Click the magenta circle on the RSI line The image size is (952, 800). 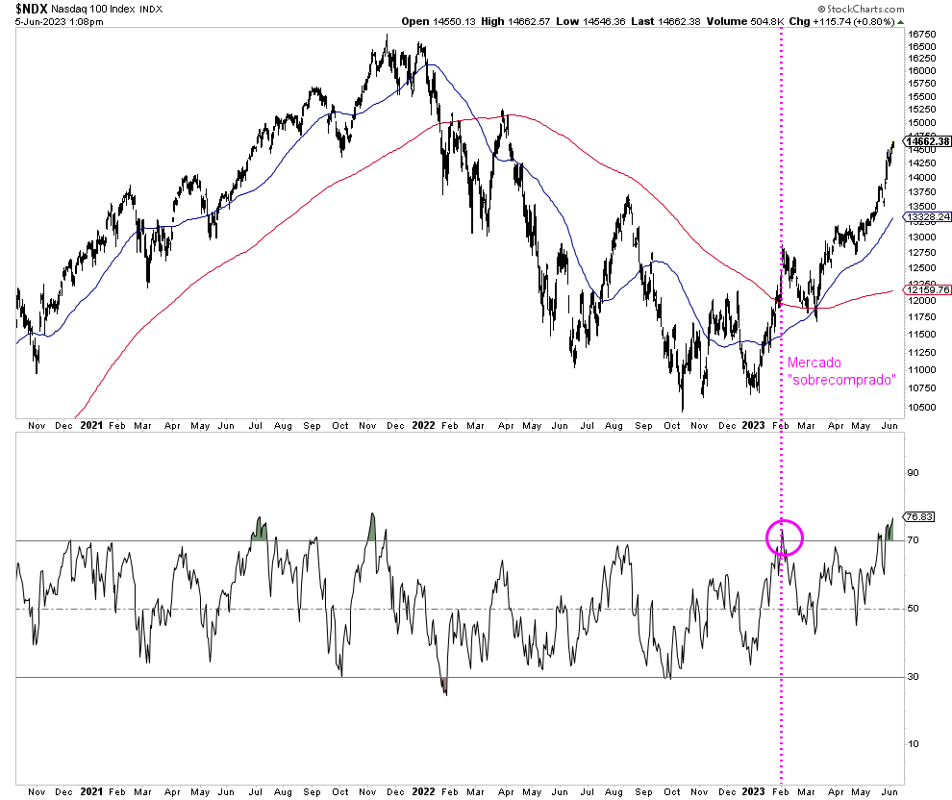pyautogui.click(x=784, y=537)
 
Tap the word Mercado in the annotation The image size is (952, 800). pyautogui.click(x=814, y=363)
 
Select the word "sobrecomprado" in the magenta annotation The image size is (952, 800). pyautogui.click(x=841, y=380)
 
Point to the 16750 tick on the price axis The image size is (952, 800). pyautogui.click(x=921, y=33)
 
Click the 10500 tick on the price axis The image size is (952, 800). pyautogui.click(x=921, y=407)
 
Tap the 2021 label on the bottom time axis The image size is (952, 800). pyautogui.click(x=91, y=790)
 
